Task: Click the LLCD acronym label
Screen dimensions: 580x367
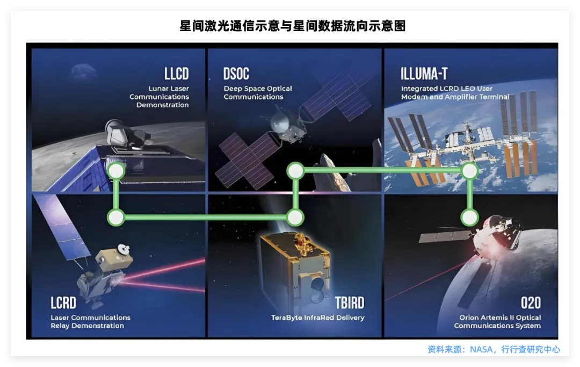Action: pos(176,74)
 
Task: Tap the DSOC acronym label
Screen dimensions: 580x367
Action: pos(236,74)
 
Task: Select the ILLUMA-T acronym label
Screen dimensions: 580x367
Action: pos(424,74)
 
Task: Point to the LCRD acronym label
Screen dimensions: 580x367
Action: pos(63,303)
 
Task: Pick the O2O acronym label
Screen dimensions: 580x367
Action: pos(530,303)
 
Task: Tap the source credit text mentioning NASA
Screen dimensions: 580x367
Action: pos(494,349)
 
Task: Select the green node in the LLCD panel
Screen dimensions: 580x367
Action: pos(116,171)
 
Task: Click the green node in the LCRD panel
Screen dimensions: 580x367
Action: pos(116,218)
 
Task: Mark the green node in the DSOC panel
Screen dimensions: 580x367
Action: pos(295,171)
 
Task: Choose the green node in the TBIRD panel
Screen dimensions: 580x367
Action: pos(295,218)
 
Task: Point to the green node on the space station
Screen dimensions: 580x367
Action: pos(470,171)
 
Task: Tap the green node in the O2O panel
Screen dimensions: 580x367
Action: pos(470,218)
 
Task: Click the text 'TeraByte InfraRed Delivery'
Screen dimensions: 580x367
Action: pos(318,318)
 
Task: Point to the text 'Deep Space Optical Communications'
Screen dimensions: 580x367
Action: pos(258,92)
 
